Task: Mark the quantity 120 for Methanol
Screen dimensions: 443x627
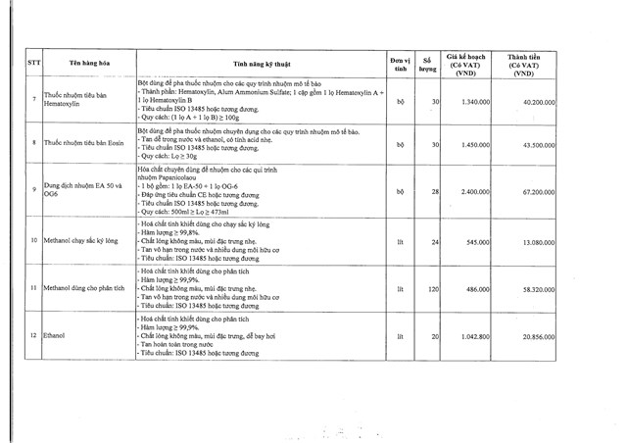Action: point(430,290)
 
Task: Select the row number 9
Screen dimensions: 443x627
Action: point(34,189)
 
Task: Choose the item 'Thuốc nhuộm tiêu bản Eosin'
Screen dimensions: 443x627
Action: point(86,144)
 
